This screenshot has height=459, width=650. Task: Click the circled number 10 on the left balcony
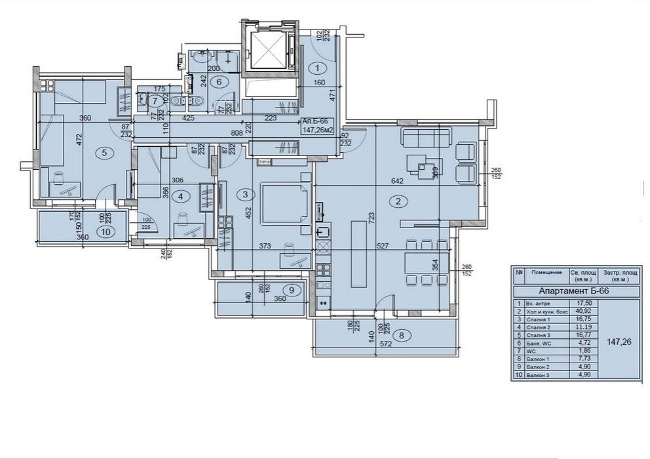[x=105, y=231]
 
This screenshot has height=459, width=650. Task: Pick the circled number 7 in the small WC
[x=154, y=101]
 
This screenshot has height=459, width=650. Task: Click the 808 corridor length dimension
[x=237, y=132]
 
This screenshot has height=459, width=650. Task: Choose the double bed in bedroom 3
[x=283, y=204]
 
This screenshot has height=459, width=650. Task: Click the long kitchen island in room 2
[x=360, y=253]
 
